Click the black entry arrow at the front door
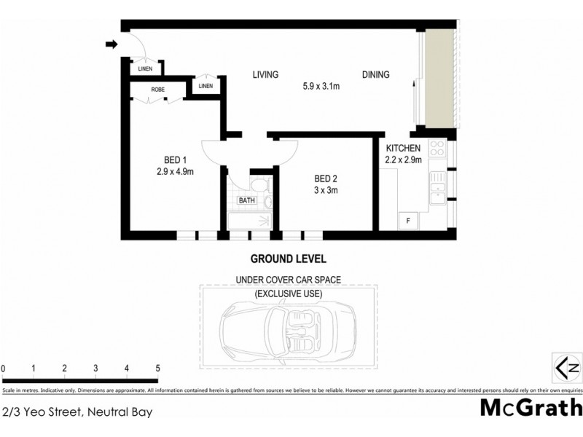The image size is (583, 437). [111, 44]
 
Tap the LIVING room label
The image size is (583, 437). [267, 74]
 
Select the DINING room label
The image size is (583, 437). [375, 74]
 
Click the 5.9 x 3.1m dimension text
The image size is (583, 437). [322, 87]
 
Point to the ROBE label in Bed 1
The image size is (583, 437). [158, 90]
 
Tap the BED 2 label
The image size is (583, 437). [326, 179]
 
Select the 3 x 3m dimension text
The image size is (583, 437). [326, 191]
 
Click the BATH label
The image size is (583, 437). [246, 200]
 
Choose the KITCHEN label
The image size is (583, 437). [403, 148]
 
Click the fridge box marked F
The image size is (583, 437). [408, 219]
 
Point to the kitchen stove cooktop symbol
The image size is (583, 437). [437, 149]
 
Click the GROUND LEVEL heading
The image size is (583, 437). [288, 259]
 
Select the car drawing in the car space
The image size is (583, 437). [288, 325]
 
